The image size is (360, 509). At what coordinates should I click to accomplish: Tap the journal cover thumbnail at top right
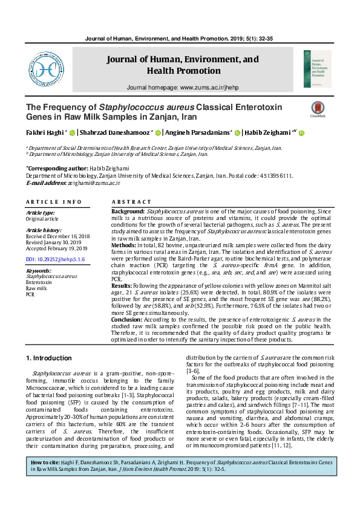click(x=317, y=69)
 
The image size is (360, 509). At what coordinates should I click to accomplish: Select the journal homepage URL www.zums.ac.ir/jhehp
click(x=209, y=88)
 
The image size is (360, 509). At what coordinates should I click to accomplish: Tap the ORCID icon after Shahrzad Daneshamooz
click(x=158, y=134)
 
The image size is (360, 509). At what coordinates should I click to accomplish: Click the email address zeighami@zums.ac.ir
click(x=95, y=182)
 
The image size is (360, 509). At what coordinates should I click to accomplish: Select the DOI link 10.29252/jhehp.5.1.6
click(x=55, y=259)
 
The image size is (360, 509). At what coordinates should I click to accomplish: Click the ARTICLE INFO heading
click(x=53, y=201)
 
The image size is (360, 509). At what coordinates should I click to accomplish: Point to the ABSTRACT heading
click(x=131, y=201)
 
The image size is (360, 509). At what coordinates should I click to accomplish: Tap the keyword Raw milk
click(x=36, y=288)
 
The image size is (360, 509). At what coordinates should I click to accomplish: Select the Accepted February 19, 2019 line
click(x=57, y=248)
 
